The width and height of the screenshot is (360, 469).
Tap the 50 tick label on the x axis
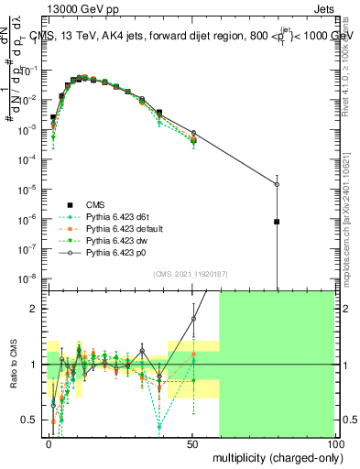pos(192,443)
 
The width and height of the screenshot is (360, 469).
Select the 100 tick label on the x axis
pos(334,443)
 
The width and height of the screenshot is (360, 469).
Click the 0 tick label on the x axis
pos(49,443)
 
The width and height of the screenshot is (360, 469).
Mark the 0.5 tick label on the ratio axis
pos(30,420)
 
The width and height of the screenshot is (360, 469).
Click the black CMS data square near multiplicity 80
pos(277,222)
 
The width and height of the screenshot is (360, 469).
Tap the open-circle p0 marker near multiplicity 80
pos(277,184)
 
